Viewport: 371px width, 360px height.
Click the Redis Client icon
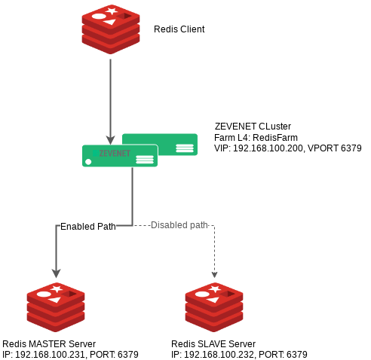click(111, 29)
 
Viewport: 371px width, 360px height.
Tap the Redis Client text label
click(179, 29)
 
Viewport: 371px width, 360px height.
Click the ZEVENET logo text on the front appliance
click(115, 153)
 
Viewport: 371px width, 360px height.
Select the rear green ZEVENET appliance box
click(160, 145)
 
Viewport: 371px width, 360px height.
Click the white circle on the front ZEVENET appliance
click(88, 162)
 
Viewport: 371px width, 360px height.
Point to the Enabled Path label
click(88, 227)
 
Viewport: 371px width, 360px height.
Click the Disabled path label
click(179, 225)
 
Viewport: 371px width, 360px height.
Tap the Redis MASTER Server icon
click(56, 307)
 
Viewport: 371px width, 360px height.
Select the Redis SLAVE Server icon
click(214, 307)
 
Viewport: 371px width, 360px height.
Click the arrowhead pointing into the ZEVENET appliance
click(110, 140)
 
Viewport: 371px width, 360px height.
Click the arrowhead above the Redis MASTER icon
click(56, 273)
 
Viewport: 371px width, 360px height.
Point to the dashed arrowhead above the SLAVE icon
click(214, 275)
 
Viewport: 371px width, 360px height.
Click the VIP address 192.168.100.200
click(268, 148)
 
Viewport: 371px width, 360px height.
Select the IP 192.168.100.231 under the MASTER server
click(50, 355)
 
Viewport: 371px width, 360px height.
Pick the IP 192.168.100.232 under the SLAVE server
click(219, 355)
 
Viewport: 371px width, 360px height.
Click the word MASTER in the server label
click(48, 343)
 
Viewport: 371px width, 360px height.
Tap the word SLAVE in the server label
click(212, 343)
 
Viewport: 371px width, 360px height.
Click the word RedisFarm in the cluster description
click(275, 138)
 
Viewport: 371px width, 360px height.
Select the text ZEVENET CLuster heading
click(253, 127)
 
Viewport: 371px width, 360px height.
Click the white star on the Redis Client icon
click(112, 11)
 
